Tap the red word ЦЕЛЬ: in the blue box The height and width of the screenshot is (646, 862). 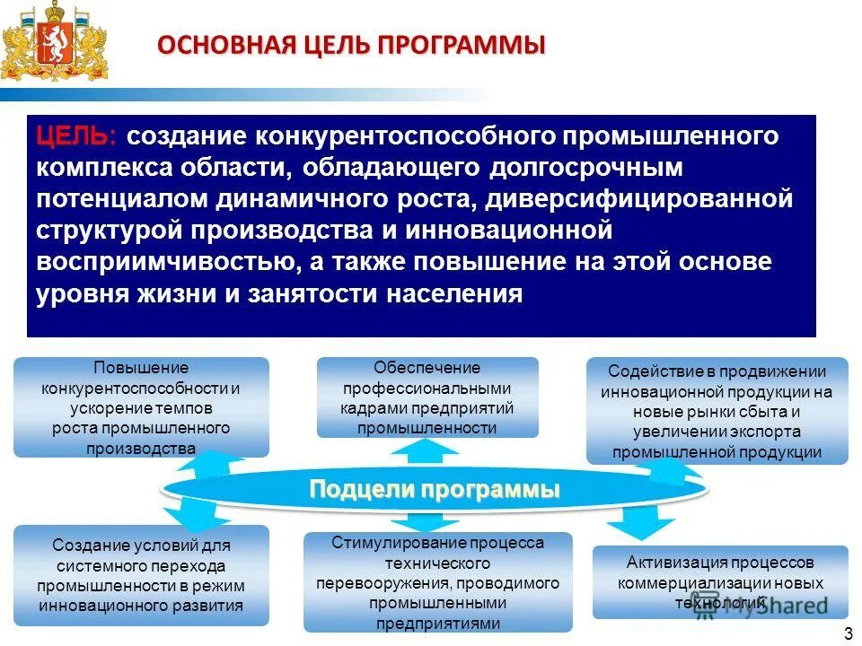75,136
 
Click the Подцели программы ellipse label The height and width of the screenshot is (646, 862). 435,489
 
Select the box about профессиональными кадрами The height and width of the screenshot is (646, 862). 427,397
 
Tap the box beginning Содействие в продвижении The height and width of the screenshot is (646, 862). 717,411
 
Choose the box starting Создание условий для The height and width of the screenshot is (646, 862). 141,574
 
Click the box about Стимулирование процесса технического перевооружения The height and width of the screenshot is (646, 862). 437,582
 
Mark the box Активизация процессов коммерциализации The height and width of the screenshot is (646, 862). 719,581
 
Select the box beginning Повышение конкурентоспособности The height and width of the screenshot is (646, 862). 141,406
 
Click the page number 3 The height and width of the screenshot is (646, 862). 848,634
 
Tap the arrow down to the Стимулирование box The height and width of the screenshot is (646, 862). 413,521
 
